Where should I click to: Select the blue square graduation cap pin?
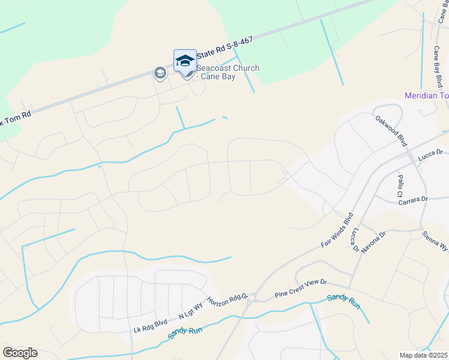(185, 61)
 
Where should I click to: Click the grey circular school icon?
(160, 73)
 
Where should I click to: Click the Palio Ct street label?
(399, 186)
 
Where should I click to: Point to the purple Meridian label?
(426, 95)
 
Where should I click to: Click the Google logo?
(20, 353)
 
